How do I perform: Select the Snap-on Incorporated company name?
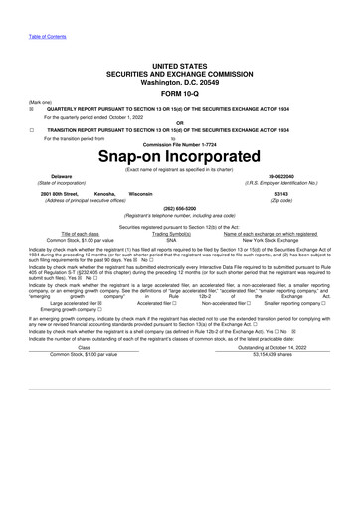(x=179, y=157)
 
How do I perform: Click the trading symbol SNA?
(x=171, y=240)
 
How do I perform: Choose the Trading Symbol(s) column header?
(x=171, y=234)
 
